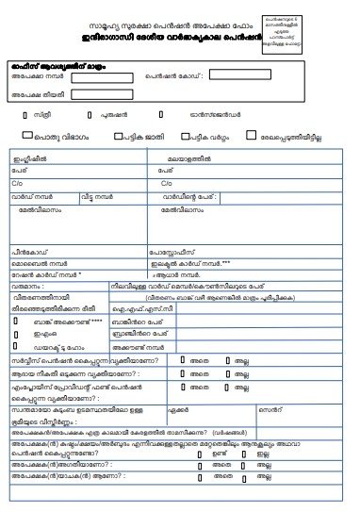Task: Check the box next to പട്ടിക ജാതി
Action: click(118, 136)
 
